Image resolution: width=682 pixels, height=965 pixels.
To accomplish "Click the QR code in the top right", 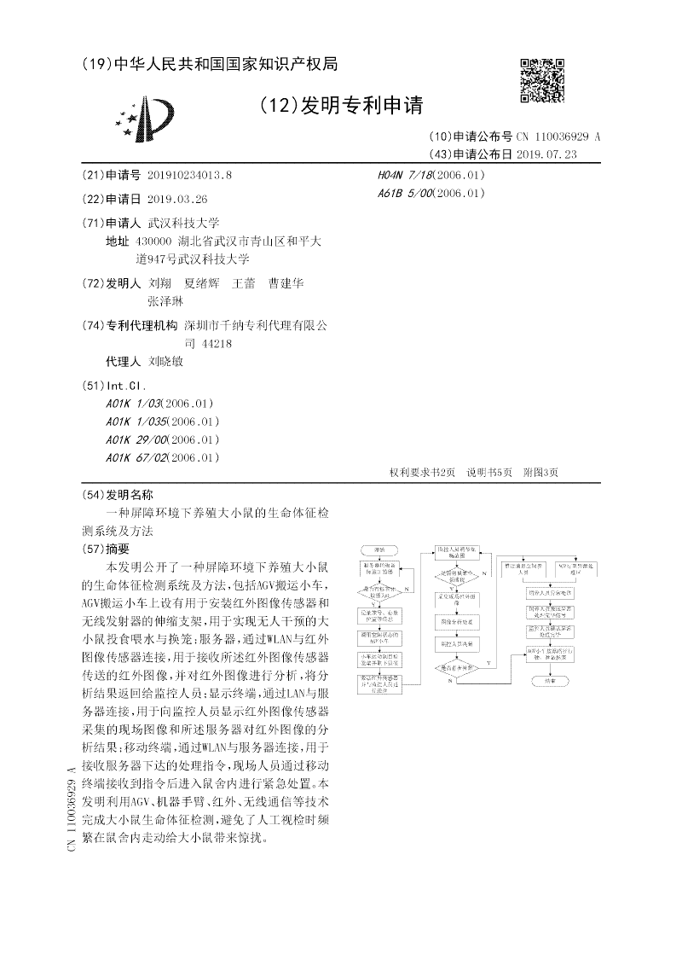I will [x=541, y=80].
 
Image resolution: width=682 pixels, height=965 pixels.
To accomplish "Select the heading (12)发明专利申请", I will [x=340, y=105].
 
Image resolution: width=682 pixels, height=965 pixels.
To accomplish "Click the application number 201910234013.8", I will [x=189, y=175].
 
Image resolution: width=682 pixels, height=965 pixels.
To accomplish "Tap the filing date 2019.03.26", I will [x=177, y=199].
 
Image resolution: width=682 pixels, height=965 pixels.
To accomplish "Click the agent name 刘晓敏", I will [x=165, y=361].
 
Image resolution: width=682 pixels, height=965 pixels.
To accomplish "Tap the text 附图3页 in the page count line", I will [x=540, y=474].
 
